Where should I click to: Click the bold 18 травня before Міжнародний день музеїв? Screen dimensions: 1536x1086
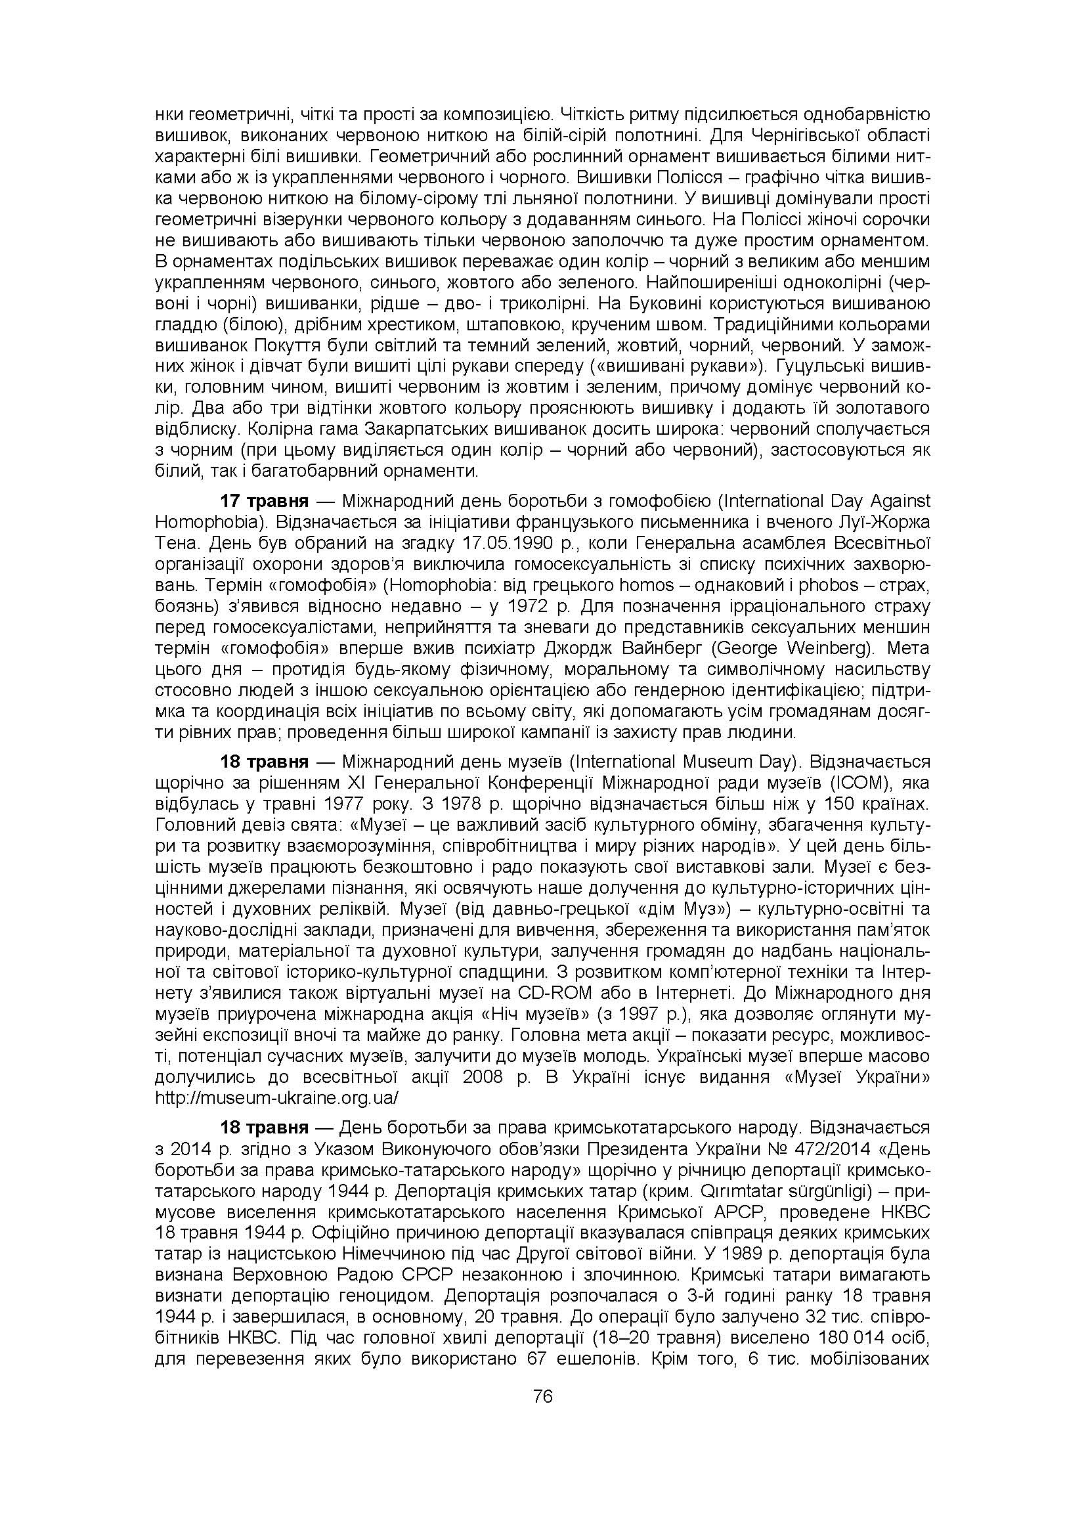click(264, 761)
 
